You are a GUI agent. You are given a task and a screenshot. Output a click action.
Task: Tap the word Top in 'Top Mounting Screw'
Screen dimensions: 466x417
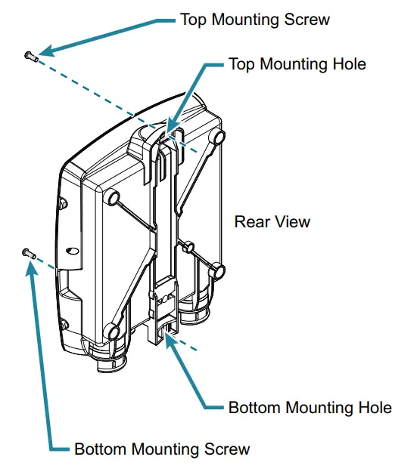[194, 19]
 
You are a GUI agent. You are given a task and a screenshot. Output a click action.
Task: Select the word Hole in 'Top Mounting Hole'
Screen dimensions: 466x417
[347, 64]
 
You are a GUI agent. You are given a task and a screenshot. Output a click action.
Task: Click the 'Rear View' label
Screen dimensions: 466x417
[272, 222]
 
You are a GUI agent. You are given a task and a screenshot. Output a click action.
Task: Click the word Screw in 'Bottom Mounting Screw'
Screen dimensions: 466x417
[224, 449]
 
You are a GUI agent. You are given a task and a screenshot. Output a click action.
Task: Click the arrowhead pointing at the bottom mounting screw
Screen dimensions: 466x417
[33, 269]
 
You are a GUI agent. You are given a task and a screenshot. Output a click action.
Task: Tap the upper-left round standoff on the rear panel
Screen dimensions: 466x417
[111, 197]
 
